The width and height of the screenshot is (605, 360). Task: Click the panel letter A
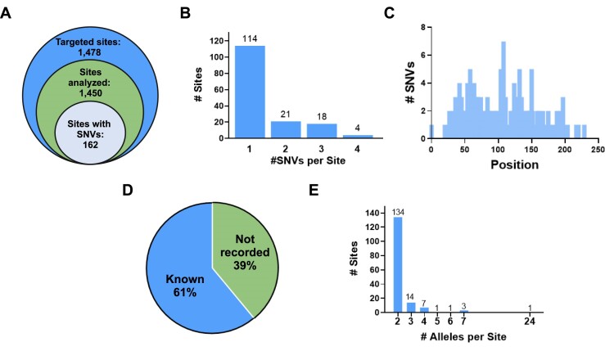point(6,13)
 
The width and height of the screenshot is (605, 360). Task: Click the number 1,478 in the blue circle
point(89,52)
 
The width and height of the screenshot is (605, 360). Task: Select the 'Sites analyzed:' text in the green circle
point(90,77)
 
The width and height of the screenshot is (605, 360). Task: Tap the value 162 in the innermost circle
point(90,145)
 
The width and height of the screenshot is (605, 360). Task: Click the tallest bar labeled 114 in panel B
point(250,92)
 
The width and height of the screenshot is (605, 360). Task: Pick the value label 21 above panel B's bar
point(286,115)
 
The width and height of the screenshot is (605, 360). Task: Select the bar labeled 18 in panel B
point(322,131)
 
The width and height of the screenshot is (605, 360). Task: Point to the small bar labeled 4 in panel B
point(358,137)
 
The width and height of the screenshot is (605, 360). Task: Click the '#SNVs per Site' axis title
point(308,160)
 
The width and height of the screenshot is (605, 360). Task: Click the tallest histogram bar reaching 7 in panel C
point(503,90)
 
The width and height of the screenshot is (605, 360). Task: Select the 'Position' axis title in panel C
point(514,164)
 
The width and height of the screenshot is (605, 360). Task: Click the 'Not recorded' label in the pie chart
point(245,245)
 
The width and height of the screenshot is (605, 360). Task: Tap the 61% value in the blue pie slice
point(185,293)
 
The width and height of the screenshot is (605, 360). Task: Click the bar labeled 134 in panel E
point(398,265)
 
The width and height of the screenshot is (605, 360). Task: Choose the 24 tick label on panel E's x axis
point(530,321)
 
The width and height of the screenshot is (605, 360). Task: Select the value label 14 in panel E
point(410,297)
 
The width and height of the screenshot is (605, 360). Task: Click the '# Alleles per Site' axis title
point(463,337)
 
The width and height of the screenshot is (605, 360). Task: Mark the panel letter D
point(128,190)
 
